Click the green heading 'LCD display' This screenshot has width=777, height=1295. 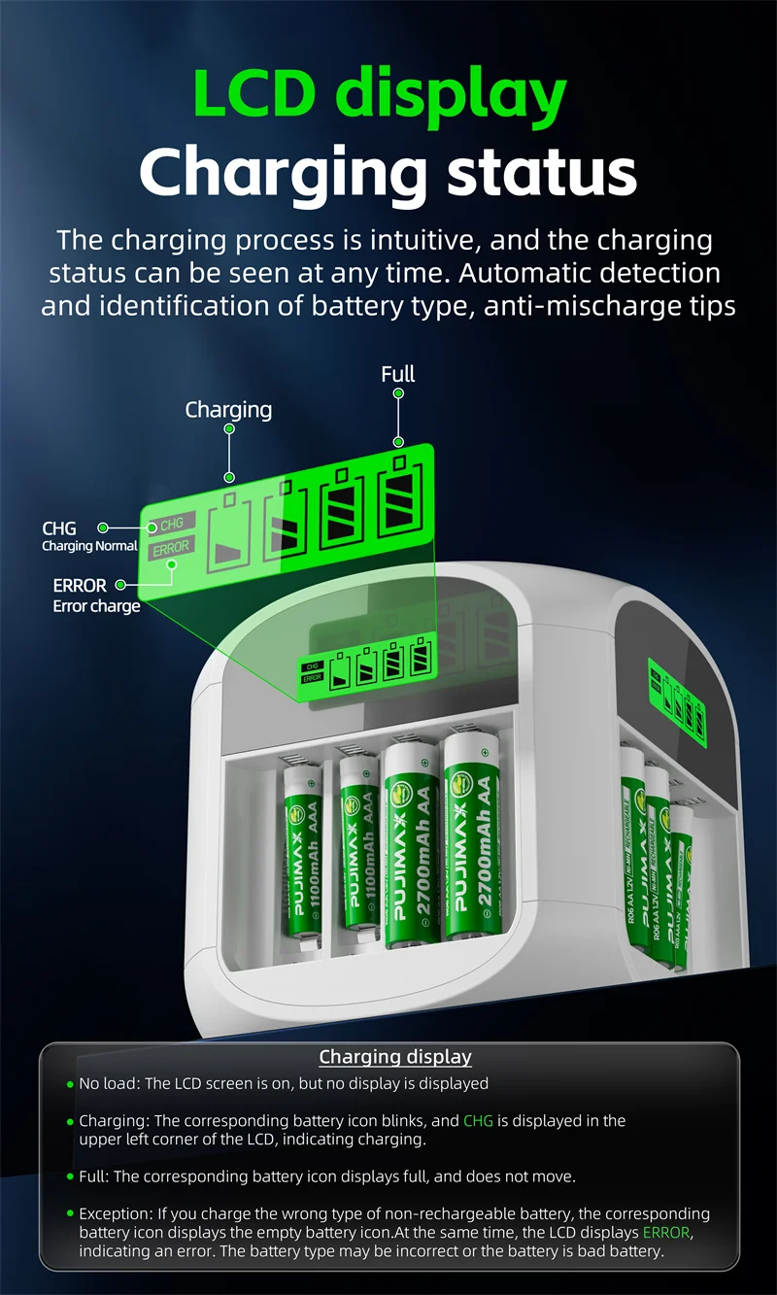click(381, 94)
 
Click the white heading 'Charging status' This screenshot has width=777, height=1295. click(388, 172)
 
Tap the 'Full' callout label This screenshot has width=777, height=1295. click(398, 374)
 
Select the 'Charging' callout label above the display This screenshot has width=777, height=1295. click(228, 410)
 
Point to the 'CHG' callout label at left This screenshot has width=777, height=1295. click(59, 528)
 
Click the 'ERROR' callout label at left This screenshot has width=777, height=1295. click(80, 586)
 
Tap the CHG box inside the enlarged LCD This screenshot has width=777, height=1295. click(171, 524)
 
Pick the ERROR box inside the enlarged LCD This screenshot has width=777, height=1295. click(171, 549)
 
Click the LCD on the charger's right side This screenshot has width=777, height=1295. click(676, 694)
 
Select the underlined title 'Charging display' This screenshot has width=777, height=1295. click(395, 1057)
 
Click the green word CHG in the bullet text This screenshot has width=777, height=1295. click(478, 1120)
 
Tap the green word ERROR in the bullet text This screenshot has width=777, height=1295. click(667, 1233)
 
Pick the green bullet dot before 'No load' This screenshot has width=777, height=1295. click(70, 1083)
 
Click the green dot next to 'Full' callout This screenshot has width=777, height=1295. click(398, 392)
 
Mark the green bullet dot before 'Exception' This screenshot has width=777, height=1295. click(70, 1213)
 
